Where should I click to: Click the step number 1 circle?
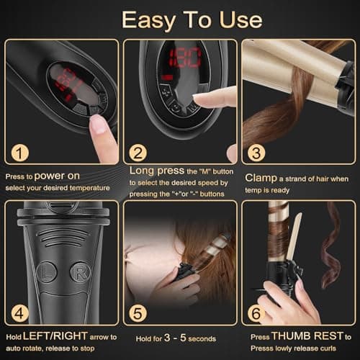[x=20, y=153]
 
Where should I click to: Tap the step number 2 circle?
[x=138, y=153]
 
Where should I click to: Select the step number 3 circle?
[x=256, y=153]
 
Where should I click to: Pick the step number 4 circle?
[x=20, y=313]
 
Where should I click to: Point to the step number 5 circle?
[x=138, y=313]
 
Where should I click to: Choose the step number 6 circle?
[x=256, y=313]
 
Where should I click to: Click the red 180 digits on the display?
[x=185, y=58]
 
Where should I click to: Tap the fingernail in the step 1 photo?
[x=99, y=124]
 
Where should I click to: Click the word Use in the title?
[x=240, y=20]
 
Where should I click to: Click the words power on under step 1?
[x=57, y=176]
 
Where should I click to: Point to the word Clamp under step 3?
[x=261, y=179]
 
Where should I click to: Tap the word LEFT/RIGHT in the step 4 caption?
[x=55, y=336]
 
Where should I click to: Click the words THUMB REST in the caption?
[x=307, y=336]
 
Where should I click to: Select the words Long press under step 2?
[x=157, y=171]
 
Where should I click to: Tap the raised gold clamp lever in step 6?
[x=294, y=236]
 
